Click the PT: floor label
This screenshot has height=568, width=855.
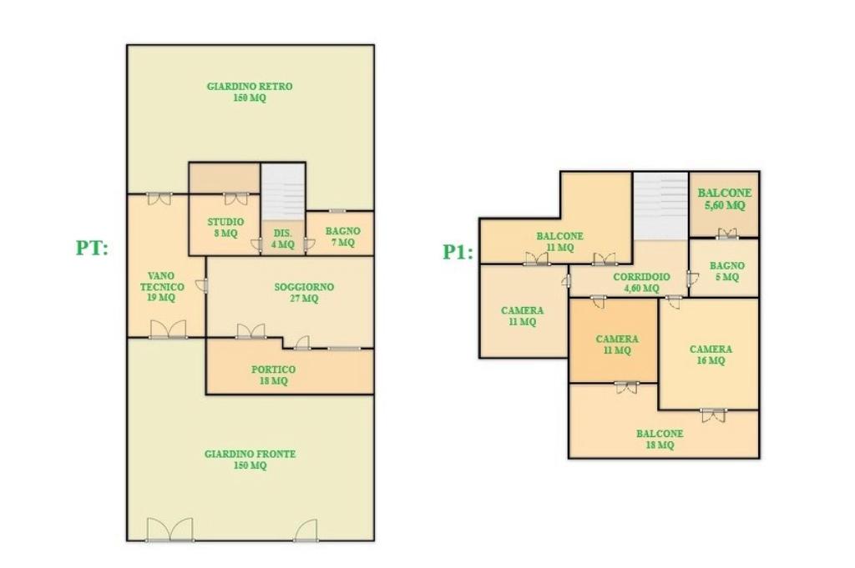coord(92,249)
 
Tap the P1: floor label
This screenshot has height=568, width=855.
coord(458,252)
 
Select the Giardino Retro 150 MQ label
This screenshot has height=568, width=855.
coord(250,92)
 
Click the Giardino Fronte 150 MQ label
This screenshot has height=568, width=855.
coord(250,460)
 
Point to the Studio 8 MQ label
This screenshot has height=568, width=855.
coord(225,228)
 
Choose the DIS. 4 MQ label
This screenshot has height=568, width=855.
coord(283,239)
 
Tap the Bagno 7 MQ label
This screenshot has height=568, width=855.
coord(343,236)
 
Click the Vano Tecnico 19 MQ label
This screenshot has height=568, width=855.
coord(161,286)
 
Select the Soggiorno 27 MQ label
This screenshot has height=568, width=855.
coord(304,293)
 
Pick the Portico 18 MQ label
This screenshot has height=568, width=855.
coord(273,374)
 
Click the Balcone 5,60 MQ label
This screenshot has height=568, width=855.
coord(725,199)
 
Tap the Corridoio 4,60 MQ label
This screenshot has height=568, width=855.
coord(642,283)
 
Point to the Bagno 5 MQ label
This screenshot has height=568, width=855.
coord(727,271)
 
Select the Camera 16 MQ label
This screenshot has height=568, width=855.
coord(711,354)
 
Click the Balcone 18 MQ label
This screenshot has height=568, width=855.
coord(660,440)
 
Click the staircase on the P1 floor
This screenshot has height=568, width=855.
coord(660,206)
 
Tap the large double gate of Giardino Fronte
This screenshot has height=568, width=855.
coord(170,530)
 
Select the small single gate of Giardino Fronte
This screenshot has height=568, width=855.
coord(306,530)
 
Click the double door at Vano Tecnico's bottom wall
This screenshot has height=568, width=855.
coord(168,330)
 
